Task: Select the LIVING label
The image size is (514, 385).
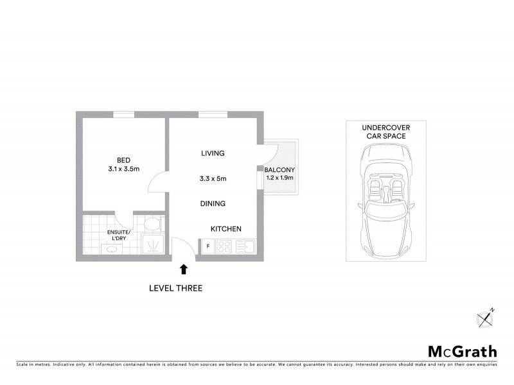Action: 213,153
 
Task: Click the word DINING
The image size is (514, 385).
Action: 213,203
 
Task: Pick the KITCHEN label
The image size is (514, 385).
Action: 226,228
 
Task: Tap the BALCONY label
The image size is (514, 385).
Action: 279,169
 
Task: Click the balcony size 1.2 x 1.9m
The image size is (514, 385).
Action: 279,178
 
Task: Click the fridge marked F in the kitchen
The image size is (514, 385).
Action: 208,246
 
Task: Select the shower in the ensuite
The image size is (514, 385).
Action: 152,244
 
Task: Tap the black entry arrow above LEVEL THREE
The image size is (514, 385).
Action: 184,270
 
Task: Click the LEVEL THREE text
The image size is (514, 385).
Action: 175,288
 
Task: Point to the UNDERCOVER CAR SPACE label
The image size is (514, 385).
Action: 385,132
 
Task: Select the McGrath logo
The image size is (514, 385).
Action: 463,351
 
